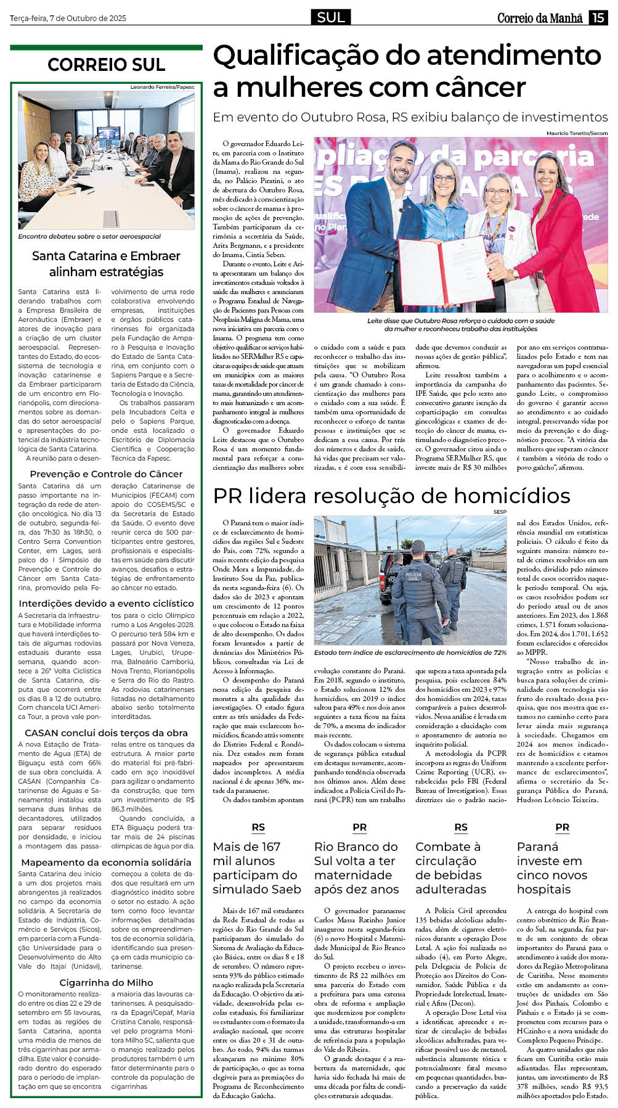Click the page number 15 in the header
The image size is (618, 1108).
(598, 18)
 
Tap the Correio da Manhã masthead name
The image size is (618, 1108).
(540, 18)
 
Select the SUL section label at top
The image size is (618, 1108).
(331, 18)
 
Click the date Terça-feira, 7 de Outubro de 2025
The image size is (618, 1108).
(68, 18)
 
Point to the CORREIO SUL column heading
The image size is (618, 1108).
(106, 65)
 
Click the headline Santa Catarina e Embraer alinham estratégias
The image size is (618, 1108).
(106, 264)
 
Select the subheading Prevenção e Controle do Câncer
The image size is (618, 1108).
(106, 474)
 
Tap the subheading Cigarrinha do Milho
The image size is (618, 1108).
(106, 982)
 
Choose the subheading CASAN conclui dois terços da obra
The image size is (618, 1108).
(106, 733)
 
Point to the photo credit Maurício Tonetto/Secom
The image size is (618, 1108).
(577, 133)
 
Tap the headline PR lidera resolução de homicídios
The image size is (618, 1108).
(391, 496)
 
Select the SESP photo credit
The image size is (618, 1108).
(499, 511)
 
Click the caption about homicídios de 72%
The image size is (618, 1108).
(410, 652)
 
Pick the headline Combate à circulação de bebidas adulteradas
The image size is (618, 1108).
(450, 868)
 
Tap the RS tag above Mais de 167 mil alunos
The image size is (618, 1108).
(258, 827)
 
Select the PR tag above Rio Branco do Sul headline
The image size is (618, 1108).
(360, 827)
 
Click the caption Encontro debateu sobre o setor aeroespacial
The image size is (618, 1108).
(89, 236)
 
